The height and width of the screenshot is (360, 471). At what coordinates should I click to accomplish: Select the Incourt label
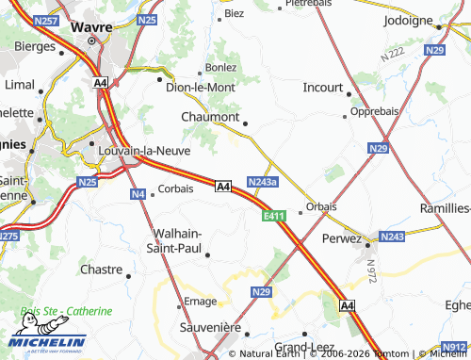(x=323, y=87)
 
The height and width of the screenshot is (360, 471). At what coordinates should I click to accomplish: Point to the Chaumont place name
(x=209, y=117)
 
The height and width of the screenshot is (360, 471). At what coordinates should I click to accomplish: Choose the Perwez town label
(x=341, y=238)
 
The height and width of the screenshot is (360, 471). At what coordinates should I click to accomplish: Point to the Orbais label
(x=322, y=206)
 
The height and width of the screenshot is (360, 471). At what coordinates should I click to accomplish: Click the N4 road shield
(x=138, y=194)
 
